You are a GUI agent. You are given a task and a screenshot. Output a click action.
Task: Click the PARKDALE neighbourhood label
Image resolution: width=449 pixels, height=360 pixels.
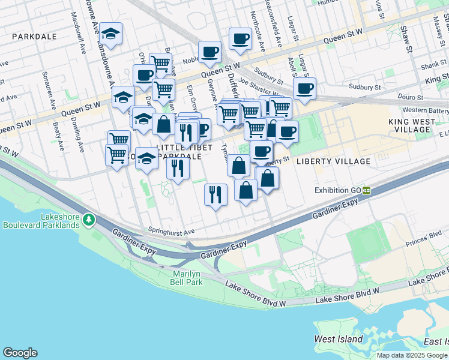(x=34, y=37)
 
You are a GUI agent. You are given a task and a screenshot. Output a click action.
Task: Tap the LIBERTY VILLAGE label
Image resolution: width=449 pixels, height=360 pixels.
(x=342, y=161)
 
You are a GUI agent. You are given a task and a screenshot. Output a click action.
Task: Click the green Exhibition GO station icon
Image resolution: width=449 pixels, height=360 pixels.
(x=366, y=190)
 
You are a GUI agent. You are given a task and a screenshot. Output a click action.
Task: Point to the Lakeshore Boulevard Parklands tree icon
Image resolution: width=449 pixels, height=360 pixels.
(x=89, y=220)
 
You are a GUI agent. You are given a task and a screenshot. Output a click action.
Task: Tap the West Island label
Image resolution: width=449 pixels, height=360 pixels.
(x=339, y=339)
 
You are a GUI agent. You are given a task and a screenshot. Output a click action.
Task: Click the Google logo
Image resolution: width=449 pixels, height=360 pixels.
(x=20, y=353)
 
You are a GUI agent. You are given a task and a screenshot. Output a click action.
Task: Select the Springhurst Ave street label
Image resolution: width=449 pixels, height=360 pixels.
(x=172, y=232)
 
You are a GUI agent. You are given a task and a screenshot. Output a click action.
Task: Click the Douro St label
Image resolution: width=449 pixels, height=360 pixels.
(x=411, y=97)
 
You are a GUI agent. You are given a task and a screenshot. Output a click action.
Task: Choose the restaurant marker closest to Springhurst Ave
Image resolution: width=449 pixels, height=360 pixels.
(x=215, y=194)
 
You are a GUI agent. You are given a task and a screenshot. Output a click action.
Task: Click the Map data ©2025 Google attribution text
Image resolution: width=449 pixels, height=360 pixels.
(x=412, y=355)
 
